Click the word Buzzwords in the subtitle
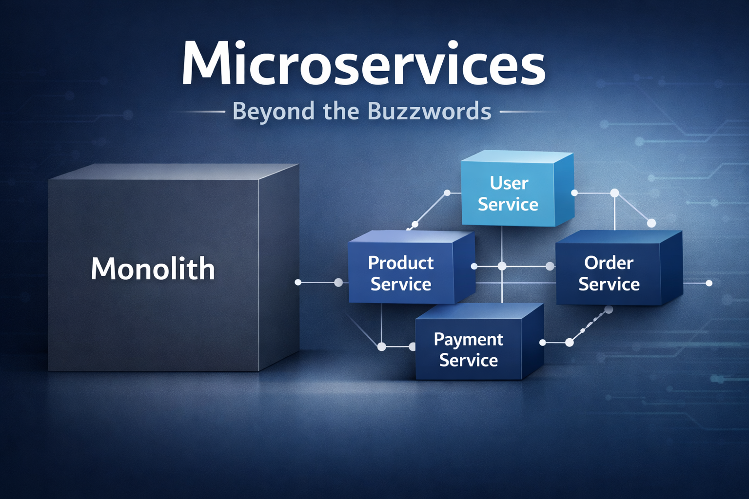click(429, 111)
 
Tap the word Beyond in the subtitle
click(274, 111)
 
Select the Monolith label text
click(153, 269)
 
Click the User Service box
click(508, 194)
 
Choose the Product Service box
click(401, 273)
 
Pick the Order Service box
click(609, 273)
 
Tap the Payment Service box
click(468, 349)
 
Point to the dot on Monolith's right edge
click(298, 282)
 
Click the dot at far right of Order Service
click(709, 283)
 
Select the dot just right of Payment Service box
click(542, 343)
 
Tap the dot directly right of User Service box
click(574, 193)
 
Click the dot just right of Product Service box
click(474, 267)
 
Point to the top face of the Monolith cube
click(176, 172)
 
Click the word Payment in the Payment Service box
click(468, 339)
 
